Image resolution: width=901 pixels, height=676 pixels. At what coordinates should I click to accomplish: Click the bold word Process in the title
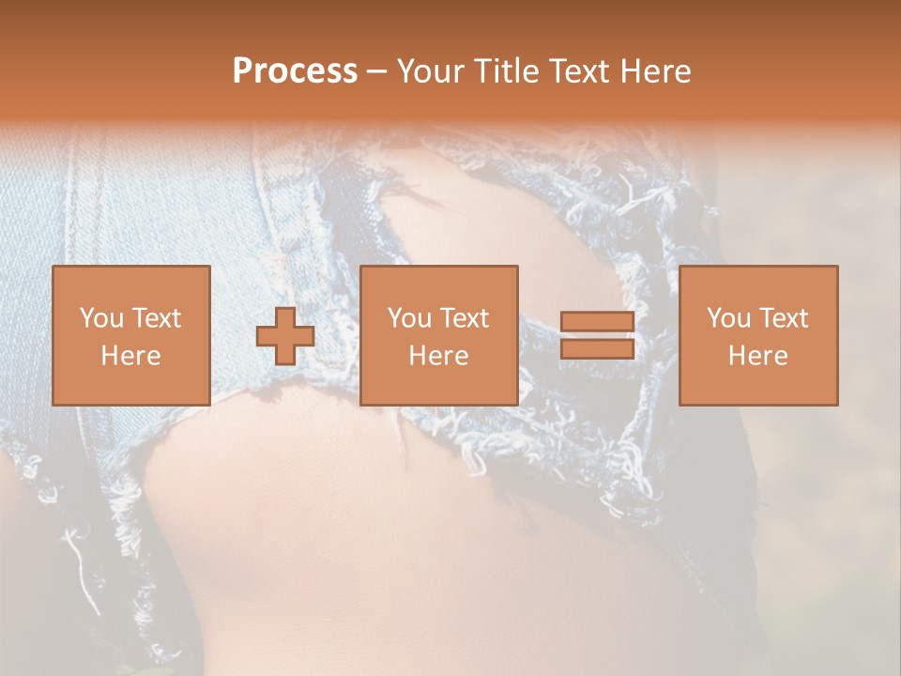click(x=295, y=71)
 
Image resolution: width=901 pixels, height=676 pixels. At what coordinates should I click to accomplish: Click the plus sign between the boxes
click(x=285, y=335)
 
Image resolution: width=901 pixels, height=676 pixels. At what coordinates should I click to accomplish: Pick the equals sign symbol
click(x=597, y=335)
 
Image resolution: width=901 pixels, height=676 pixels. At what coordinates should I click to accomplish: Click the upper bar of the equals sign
click(x=597, y=322)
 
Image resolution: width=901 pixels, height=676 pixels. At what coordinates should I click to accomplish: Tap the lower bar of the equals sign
click(x=597, y=348)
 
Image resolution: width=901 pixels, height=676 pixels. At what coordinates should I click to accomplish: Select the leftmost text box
click(x=131, y=335)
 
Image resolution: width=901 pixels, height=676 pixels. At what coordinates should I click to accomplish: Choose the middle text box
click(x=439, y=335)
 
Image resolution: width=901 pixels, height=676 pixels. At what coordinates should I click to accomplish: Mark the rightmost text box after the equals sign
click(x=758, y=335)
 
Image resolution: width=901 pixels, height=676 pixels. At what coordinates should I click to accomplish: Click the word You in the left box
click(x=101, y=318)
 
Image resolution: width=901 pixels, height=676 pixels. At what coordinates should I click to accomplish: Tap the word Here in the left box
click(x=131, y=356)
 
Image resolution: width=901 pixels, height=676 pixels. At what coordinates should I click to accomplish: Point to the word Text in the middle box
click(x=465, y=318)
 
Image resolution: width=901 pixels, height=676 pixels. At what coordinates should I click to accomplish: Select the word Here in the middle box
click(x=439, y=356)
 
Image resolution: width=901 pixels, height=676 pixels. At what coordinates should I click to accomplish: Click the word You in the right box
click(x=728, y=318)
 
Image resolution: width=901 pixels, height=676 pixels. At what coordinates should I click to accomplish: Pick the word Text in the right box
click(x=784, y=318)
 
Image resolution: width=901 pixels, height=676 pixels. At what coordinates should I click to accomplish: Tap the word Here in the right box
click(x=758, y=356)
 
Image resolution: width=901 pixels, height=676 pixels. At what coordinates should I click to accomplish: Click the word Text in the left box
click(x=157, y=318)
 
